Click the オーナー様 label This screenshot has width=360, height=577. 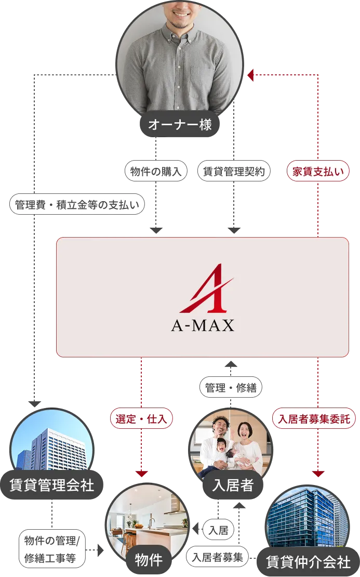pos(180,125)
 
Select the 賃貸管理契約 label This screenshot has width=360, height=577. pos(234,172)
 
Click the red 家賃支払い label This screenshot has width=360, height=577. pos(318,172)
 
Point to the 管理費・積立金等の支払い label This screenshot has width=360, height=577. pos(77,204)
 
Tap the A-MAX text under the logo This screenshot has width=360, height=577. pos(203,326)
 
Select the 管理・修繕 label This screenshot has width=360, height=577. pos(231,387)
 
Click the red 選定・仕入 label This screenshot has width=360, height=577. pos(141,418)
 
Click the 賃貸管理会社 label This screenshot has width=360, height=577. pos(52,485)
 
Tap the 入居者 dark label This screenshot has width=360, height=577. pos(232,485)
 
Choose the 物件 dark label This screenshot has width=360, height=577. pos(149,560)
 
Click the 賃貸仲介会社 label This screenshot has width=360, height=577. pos(308,562)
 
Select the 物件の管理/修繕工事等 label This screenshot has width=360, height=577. pos(50,549)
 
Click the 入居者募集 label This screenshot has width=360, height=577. pos(218,557)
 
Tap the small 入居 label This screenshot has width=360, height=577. pos(218,530)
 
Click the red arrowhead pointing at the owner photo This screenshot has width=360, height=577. pos(250,76)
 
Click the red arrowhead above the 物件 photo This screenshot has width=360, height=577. pos(141,474)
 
